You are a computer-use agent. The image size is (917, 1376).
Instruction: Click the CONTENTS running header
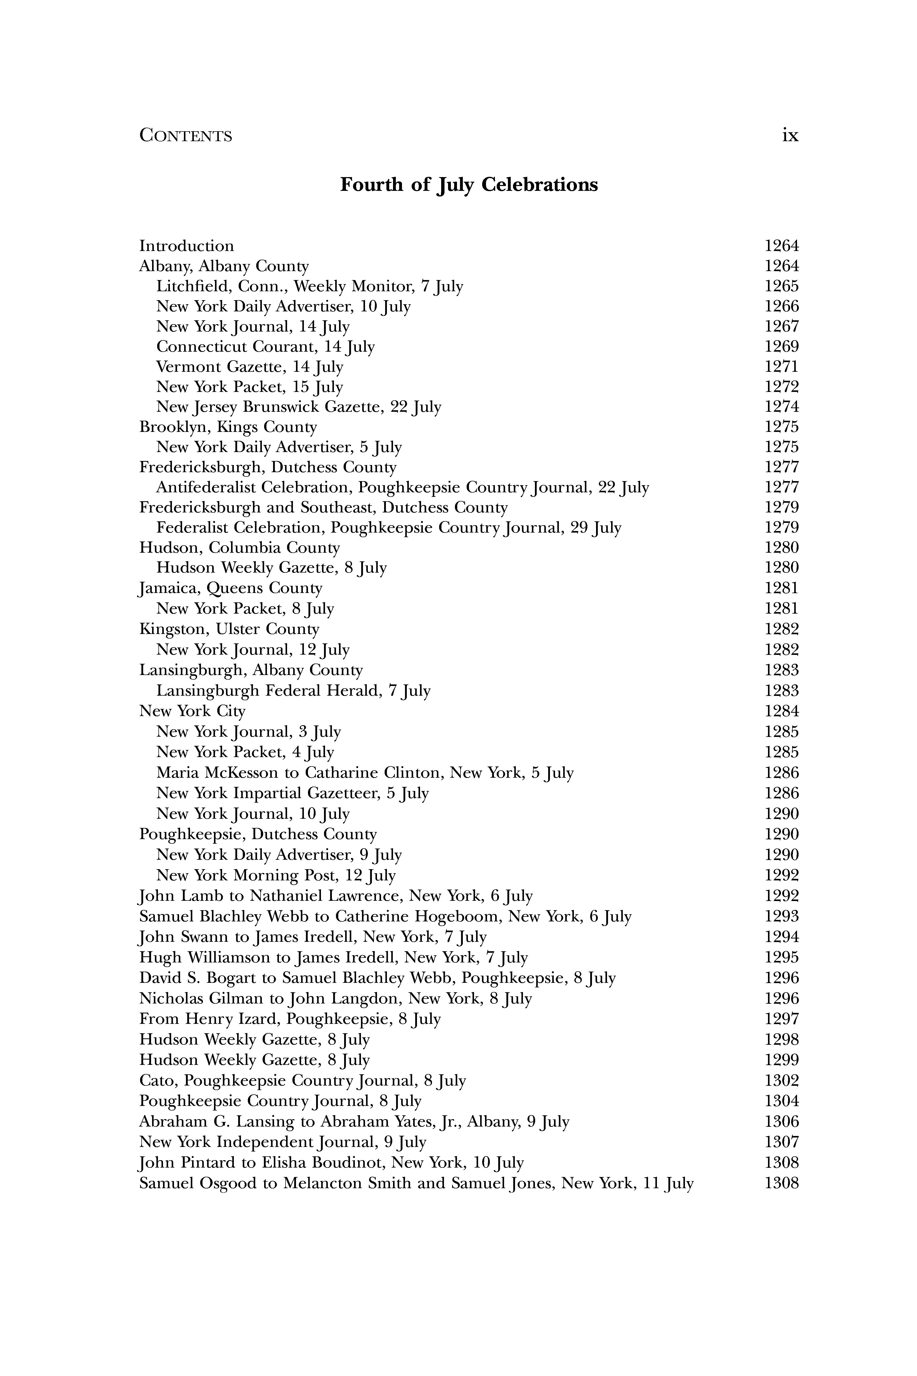pyautogui.click(x=185, y=136)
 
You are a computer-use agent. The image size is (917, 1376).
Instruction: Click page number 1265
pyautogui.click(x=781, y=286)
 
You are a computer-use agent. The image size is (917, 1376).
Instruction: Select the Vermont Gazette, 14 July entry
pyautogui.click(x=250, y=367)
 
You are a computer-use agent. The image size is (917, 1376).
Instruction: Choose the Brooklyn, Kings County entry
pyautogui.click(x=228, y=427)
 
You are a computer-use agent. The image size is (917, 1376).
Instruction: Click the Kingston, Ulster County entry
pyautogui.click(x=229, y=629)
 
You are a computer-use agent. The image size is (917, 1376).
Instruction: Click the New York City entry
pyautogui.click(x=192, y=711)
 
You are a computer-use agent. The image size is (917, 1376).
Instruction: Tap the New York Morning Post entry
pyautogui.click(x=275, y=875)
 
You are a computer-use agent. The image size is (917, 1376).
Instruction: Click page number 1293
pyautogui.click(x=781, y=916)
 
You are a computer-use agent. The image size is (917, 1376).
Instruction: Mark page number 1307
pyautogui.click(x=781, y=1142)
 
